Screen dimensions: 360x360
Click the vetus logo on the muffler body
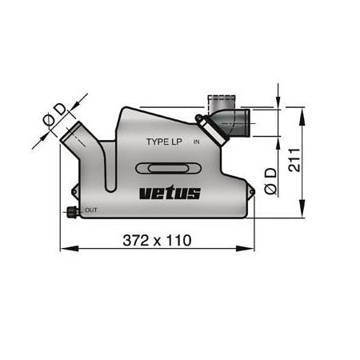[170, 193]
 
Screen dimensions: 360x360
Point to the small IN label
[196, 142]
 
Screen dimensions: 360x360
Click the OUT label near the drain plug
[90, 210]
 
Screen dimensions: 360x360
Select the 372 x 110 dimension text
[157, 240]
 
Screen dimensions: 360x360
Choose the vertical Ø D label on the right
[273, 180]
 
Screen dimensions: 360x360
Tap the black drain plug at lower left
[72, 213]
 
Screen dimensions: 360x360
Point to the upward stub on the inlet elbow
[219, 102]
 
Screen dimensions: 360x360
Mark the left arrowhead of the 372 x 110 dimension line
[64, 248]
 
